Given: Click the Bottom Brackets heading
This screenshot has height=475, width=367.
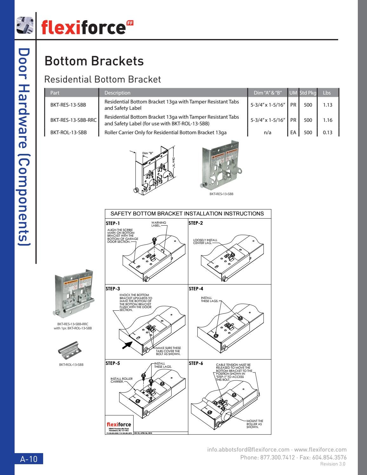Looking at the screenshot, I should (94, 61).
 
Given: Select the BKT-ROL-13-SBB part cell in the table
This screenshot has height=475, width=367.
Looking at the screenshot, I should (69, 133).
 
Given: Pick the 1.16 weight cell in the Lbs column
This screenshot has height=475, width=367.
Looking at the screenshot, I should (327, 120).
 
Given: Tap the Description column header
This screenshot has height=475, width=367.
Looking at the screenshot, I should (117, 93).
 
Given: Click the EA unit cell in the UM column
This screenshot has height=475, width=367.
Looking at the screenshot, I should (293, 133).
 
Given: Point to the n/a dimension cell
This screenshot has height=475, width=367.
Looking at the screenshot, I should (267, 133).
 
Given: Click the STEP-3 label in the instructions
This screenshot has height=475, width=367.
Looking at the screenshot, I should (113, 289).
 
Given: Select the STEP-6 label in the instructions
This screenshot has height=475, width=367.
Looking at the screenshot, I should (196, 363).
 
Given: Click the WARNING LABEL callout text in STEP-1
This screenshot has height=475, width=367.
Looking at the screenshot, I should (158, 224).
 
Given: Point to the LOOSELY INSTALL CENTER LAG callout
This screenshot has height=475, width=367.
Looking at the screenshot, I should (205, 241).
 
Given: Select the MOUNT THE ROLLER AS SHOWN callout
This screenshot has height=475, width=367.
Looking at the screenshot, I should (255, 424).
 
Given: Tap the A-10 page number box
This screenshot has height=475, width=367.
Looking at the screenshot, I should (29, 459).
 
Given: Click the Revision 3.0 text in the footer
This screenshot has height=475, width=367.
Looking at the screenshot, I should (333, 464).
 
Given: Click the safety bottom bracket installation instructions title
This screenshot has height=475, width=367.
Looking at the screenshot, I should (187, 214).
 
